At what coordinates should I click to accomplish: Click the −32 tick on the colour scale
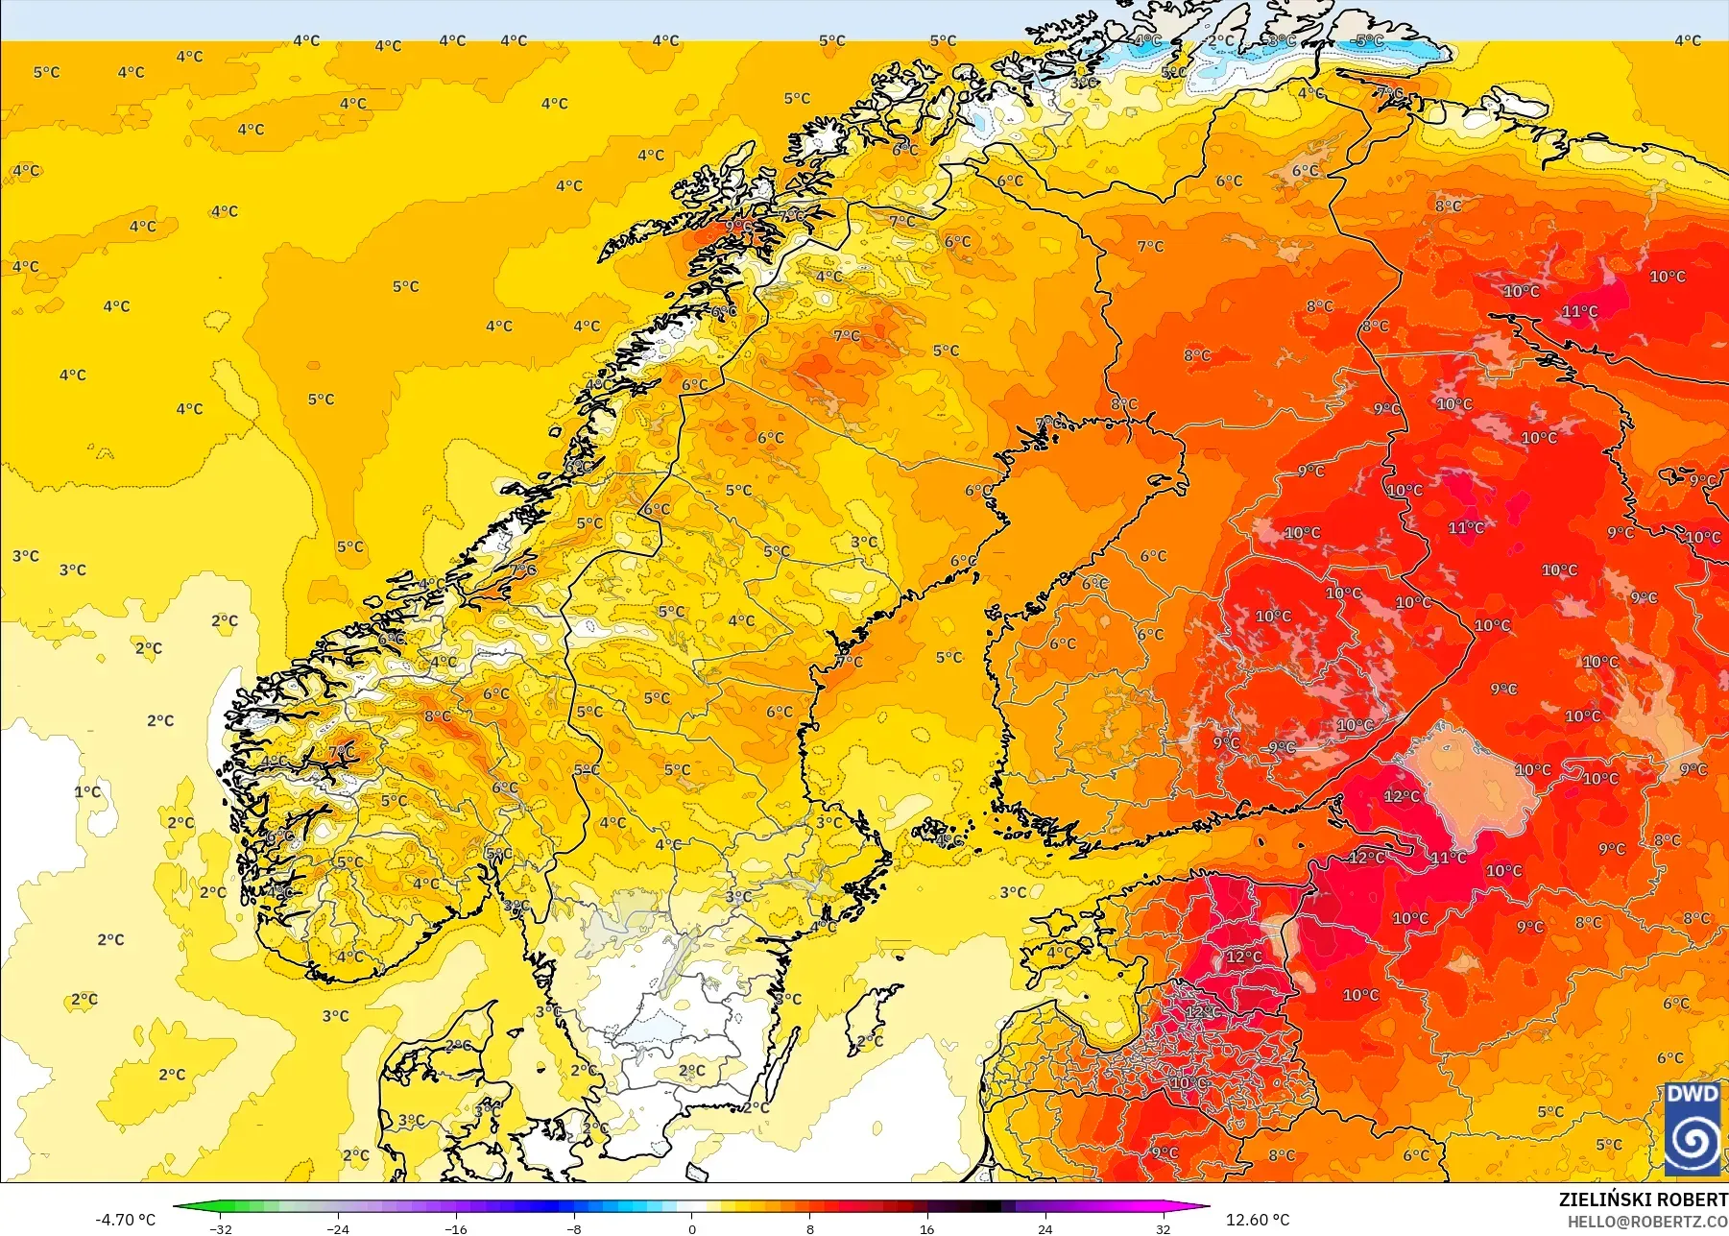222,1228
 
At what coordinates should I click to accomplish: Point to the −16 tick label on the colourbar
456,1228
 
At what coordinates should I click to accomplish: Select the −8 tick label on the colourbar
574,1228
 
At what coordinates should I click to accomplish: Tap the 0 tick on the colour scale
691,1228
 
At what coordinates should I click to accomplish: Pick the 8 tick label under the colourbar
809,1228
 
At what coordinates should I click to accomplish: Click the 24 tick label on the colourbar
1045,1228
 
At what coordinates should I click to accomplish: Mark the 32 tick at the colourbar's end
1163,1228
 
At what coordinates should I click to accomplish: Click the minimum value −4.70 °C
125,1220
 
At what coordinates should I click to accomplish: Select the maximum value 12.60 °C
1258,1220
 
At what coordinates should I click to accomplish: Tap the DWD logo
1692,1128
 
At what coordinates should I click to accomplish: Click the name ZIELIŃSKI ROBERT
1643,1200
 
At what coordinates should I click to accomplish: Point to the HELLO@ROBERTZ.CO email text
1647,1222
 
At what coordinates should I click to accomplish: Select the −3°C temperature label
1280,41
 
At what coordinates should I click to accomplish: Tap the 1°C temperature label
87,792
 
